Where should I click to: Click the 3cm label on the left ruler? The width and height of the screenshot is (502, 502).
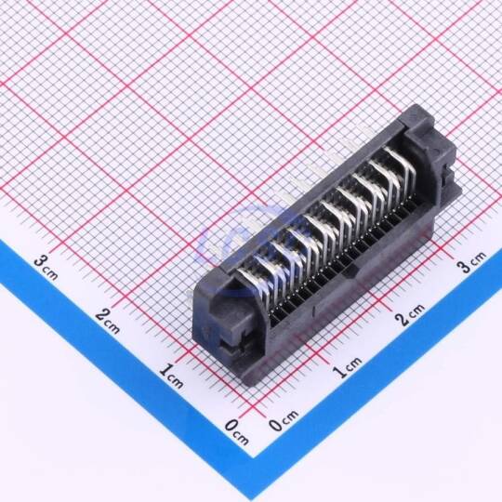(x=46, y=267)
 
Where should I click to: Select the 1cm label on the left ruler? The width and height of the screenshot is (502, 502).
(x=171, y=376)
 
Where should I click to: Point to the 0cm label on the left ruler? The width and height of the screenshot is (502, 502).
(x=237, y=432)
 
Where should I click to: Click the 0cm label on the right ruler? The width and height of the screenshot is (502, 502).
(x=284, y=419)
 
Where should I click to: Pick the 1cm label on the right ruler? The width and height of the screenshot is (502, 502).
(x=347, y=367)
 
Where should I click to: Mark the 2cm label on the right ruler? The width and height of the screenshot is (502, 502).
(x=409, y=314)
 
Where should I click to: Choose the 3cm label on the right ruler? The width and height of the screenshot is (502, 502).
(x=471, y=262)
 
